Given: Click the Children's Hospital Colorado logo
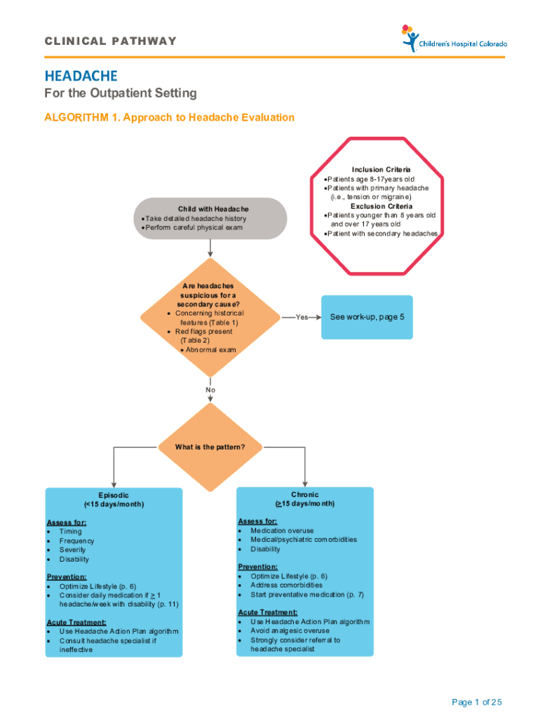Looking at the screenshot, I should point(453,39).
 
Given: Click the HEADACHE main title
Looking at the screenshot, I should point(81,75).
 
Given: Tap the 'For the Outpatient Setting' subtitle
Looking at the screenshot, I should point(121,93).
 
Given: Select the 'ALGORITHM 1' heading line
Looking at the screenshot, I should point(170,117).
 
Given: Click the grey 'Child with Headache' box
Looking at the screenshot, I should point(213,218).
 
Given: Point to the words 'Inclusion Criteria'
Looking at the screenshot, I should point(382,170).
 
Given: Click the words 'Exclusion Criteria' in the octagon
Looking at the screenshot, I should point(382,206).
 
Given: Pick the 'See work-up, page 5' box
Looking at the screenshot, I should point(367,317).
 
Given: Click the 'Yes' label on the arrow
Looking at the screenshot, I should point(302,318).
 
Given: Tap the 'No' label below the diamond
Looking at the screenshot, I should point(210,390).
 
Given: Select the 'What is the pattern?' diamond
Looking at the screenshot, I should point(210,447).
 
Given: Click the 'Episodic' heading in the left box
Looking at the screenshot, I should point(114,495).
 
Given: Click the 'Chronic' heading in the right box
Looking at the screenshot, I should point(305,494).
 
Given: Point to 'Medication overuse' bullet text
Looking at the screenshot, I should point(282,531).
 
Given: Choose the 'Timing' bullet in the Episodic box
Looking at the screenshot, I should point(71,531).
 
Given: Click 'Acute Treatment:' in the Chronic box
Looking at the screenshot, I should point(263,612).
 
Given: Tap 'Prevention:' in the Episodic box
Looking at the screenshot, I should point(67,576).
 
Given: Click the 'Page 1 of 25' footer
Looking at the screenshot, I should point(477,703).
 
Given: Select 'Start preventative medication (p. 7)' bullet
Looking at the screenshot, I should point(307,595).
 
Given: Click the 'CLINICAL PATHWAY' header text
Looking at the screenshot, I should point(111,41).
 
